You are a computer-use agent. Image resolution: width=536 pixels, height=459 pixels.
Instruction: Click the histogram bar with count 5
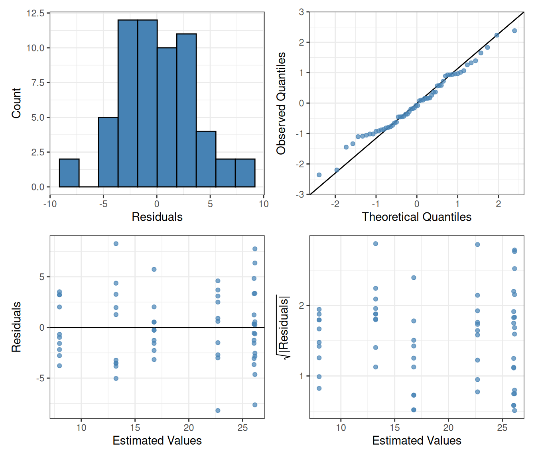[x=108, y=152]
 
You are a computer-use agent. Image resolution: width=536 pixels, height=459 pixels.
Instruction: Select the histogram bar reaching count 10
[x=167, y=117]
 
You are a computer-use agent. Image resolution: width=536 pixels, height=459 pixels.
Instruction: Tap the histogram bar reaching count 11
[x=186, y=110]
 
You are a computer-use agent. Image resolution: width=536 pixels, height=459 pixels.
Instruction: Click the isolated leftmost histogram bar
[x=69, y=173]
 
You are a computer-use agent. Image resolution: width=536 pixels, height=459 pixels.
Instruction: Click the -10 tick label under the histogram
[x=50, y=204]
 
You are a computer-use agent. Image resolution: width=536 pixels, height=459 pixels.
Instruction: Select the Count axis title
[x=16, y=103]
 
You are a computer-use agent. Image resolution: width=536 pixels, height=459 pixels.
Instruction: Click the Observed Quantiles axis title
[x=281, y=103]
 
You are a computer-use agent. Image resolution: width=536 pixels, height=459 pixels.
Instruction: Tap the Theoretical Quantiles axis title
[x=416, y=217]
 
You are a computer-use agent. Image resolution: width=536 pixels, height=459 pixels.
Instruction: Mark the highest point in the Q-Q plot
[x=514, y=31]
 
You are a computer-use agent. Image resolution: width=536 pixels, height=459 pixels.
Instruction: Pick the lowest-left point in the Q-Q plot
[x=319, y=175]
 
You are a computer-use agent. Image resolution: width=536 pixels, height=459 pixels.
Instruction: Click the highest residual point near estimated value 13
[x=116, y=244]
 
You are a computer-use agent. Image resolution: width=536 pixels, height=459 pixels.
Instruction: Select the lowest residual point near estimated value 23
[x=218, y=410]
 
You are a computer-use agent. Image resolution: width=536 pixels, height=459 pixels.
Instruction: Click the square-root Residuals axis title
[x=283, y=328]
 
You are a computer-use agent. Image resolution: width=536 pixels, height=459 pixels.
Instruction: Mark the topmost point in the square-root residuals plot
[x=376, y=243]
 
